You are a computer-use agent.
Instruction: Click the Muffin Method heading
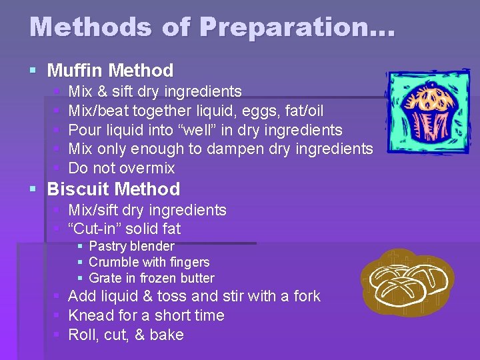click(110, 70)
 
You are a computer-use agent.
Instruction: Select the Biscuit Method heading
click(113, 189)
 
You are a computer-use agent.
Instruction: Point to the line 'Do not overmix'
click(121, 168)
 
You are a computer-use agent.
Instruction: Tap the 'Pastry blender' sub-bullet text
click(131, 246)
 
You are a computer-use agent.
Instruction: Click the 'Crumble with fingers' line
click(149, 262)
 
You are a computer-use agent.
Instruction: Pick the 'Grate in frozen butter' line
click(151, 278)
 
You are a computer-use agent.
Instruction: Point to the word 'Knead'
click(91, 315)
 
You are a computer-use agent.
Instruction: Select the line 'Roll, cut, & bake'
click(125, 335)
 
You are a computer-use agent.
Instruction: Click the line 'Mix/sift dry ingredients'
click(147, 210)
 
